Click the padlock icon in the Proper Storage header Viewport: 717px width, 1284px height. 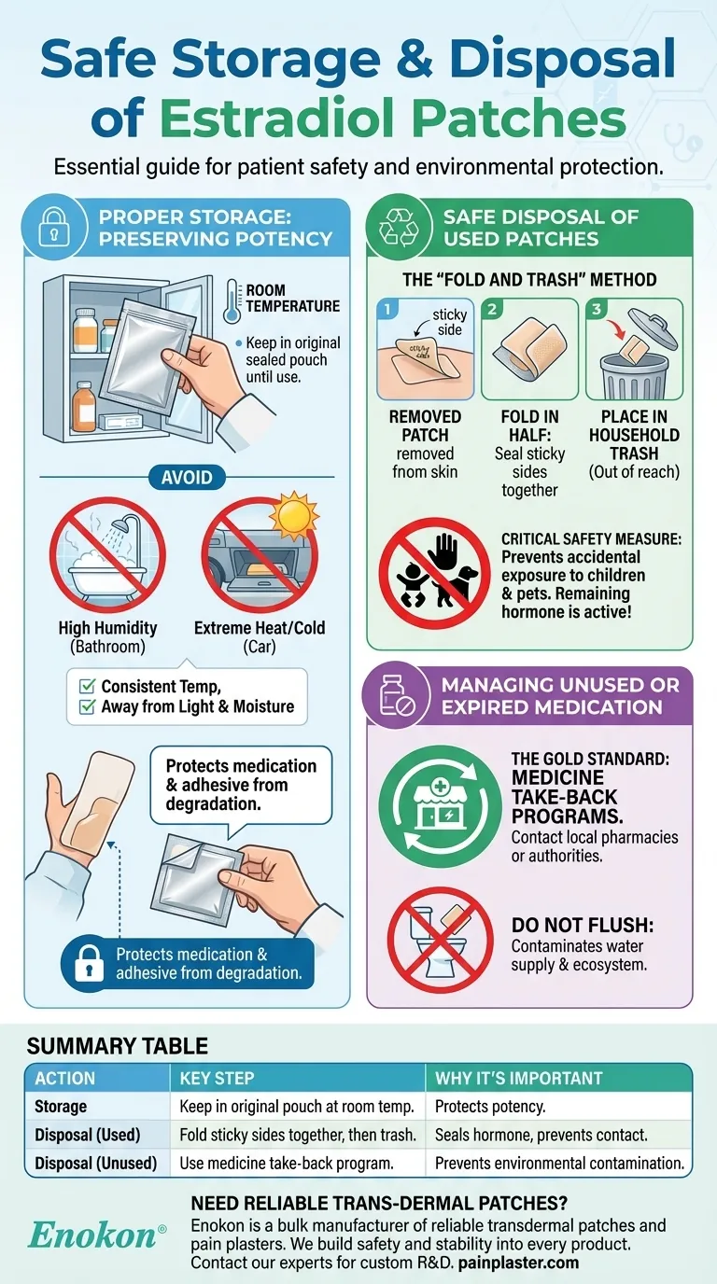(54, 228)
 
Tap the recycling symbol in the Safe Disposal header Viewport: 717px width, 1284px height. (400, 228)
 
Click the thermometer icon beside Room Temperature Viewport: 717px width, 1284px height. (232, 300)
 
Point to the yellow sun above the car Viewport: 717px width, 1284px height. (294, 514)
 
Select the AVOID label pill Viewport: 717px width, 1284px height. (187, 477)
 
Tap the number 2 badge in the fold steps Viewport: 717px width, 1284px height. (492, 310)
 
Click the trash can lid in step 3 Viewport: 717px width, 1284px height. (653, 328)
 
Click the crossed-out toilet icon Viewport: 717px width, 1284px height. (440, 940)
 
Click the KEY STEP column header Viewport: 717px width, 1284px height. (217, 1078)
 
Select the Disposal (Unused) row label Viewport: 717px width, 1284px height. (96, 1163)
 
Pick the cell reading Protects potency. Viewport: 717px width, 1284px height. (490, 1107)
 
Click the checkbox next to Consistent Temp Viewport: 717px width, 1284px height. (87, 686)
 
